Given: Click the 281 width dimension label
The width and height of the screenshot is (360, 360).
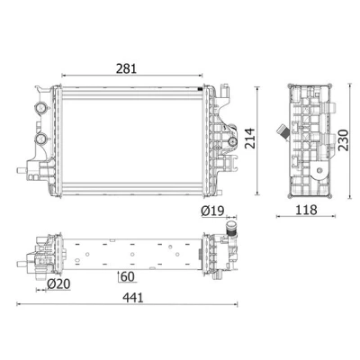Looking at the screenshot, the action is pos(126,68).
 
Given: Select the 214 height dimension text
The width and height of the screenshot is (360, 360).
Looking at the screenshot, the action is pos(249,139).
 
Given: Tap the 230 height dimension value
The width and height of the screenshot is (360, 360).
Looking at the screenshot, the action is pos(343,140).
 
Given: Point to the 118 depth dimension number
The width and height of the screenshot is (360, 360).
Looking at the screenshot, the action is pos(306,210).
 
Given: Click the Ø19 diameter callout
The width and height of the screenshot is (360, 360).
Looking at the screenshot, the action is pos(212,211).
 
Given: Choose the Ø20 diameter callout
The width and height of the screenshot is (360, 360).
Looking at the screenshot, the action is pos(58,283).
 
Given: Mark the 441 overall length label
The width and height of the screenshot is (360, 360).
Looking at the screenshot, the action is pos(133,298).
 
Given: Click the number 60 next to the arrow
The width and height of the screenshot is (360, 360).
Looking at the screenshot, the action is pos(128,276).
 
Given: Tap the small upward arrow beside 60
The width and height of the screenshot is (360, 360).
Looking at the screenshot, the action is pos(119,276).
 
